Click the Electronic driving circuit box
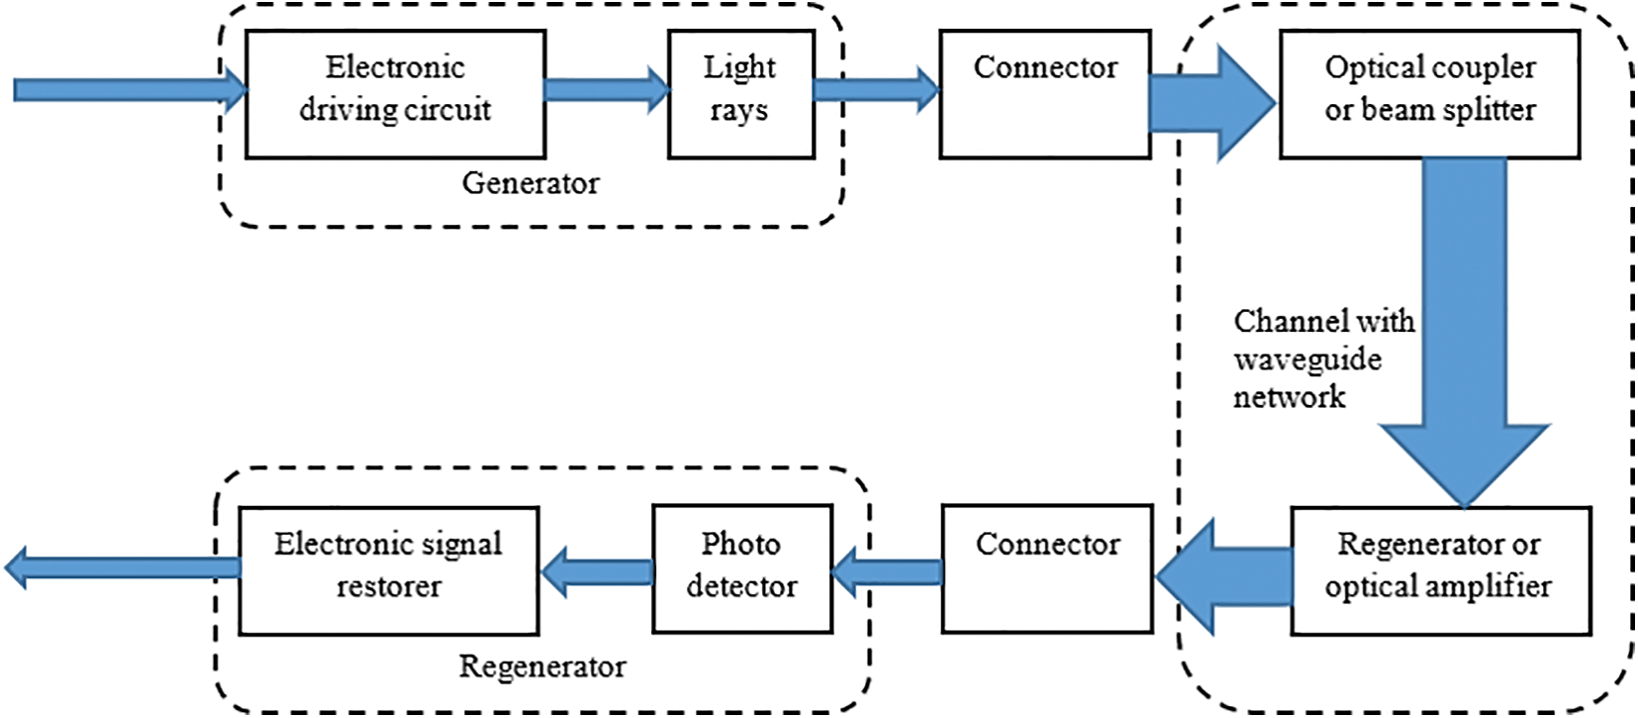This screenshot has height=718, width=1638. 395,94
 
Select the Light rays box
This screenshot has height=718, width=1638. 740,94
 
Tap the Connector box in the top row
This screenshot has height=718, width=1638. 1045,94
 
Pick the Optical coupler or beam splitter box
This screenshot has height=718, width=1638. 1429,94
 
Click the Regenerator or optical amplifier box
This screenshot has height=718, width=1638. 1440,570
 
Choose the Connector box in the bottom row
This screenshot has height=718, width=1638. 1047,569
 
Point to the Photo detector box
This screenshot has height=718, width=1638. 741,569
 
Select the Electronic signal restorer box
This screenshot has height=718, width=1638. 389,570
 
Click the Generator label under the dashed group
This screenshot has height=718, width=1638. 530,183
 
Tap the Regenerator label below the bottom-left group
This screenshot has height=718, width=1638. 542,667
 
